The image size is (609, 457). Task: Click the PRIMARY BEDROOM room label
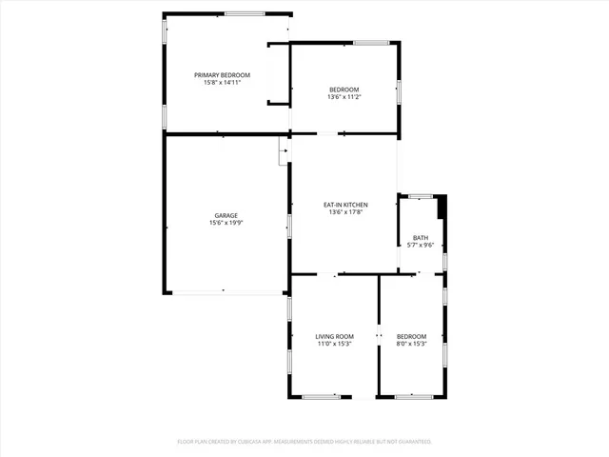222,75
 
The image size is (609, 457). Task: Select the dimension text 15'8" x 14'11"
222,83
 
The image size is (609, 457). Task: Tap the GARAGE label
226,215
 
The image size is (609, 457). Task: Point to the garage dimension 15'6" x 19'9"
226,223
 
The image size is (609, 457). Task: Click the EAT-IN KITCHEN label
345,205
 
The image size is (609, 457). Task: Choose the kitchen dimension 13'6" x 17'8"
345,212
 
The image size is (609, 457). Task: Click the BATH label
420,238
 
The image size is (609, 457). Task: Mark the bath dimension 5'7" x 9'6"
420,246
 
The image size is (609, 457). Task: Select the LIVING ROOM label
334,336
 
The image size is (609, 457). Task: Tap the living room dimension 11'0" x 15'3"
334,344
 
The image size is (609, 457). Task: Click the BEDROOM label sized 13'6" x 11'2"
344,89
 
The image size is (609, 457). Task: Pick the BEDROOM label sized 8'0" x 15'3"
411,336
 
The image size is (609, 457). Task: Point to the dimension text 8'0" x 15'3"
411,344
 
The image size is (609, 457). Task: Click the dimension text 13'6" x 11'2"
344,97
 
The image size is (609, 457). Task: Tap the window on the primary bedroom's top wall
245,13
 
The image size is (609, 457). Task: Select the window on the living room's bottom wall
321,397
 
